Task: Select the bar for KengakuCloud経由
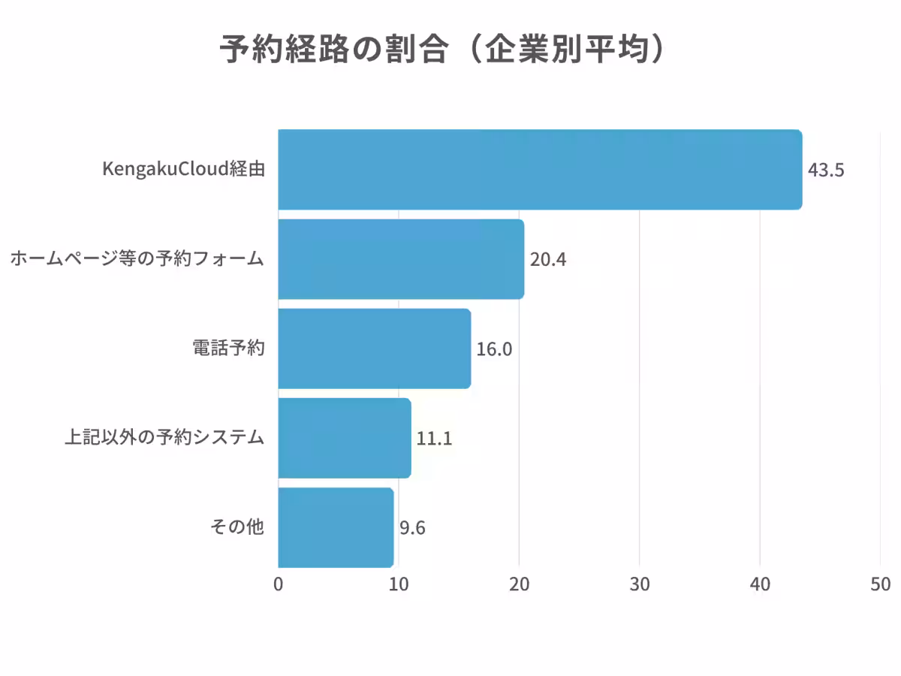click(x=540, y=170)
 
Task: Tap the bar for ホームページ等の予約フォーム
click(x=401, y=259)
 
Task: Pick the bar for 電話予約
click(x=375, y=349)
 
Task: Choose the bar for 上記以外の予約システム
click(x=345, y=438)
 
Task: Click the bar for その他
click(x=336, y=527)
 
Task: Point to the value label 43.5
click(x=826, y=170)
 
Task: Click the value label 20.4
click(x=548, y=260)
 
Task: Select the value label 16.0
click(x=494, y=349)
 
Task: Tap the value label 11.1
click(x=434, y=439)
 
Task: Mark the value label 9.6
click(x=412, y=528)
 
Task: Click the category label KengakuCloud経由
click(x=183, y=170)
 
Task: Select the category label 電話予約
click(x=229, y=349)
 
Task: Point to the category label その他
click(x=237, y=527)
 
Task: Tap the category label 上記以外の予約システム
click(x=164, y=438)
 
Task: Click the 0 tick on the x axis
click(x=279, y=585)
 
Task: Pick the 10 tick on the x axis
click(x=399, y=585)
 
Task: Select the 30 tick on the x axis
click(x=640, y=585)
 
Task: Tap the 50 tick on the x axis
click(x=880, y=585)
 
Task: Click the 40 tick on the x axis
click(x=760, y=585)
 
